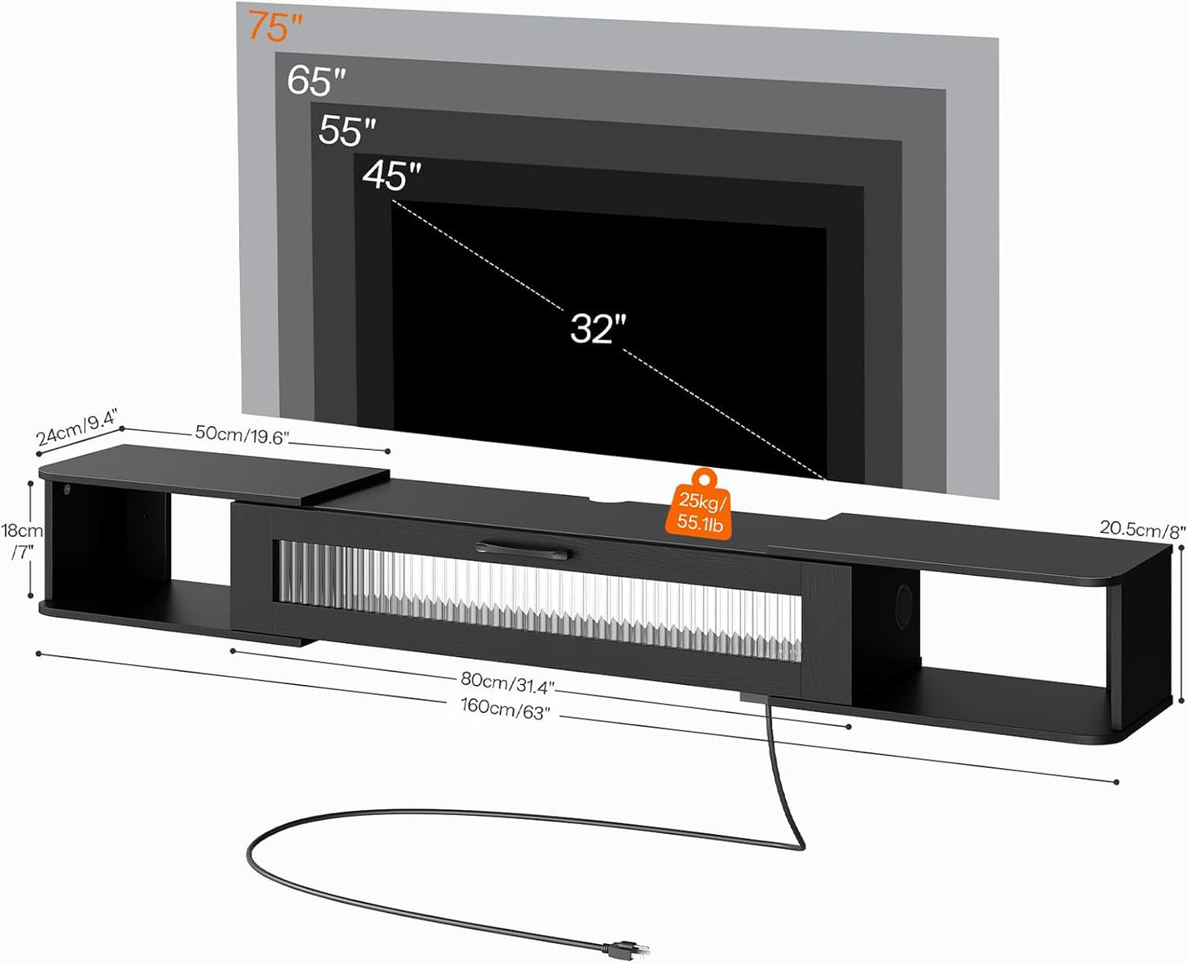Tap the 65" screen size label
pyautogui.click(x=317, y=81)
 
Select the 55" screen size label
pyautogui.click(x=347, y=130)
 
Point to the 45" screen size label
pyautogui.click(x=391, y=175)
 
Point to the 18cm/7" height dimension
pyautogui.click(x=21, y=541)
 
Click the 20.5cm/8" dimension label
pyautogui.click(x=1142, y=530)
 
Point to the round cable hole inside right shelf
pyautogui.click(x=904, y=600)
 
